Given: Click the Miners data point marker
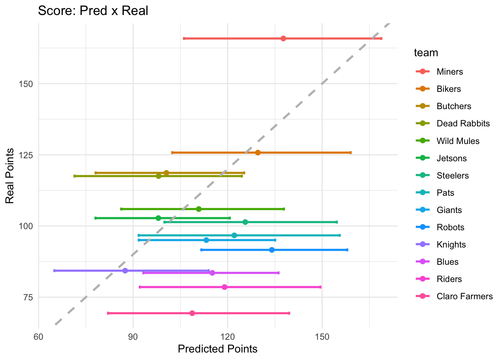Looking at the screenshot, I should tap(283, 39).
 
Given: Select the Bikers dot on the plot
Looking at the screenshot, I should tap(258, 153).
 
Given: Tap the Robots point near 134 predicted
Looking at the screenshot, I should tap(272, 250).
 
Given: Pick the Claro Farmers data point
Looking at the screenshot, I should tap(192, 313).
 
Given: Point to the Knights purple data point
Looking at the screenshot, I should tap(125, 271).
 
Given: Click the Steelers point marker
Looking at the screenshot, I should tap(245, 222).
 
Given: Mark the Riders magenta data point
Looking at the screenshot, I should tap(225, 287).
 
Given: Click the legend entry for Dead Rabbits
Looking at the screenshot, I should tap(463, 124).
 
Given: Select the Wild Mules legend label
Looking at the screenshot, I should tap(458, 141).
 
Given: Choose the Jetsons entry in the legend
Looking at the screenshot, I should tap(451, 158).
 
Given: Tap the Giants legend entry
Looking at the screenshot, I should tap(449, 210).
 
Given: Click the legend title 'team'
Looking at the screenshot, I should tap(426, 53).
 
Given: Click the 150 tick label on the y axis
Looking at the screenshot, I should tap(25, 84).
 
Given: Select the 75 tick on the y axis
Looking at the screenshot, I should tap(28, 297).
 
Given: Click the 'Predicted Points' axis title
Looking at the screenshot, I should tap(217, 349).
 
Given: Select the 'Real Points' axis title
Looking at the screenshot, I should tap(10, 176).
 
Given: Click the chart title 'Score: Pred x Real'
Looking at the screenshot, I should tap(93, 10).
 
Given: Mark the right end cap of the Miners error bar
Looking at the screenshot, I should tap(381, 39).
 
